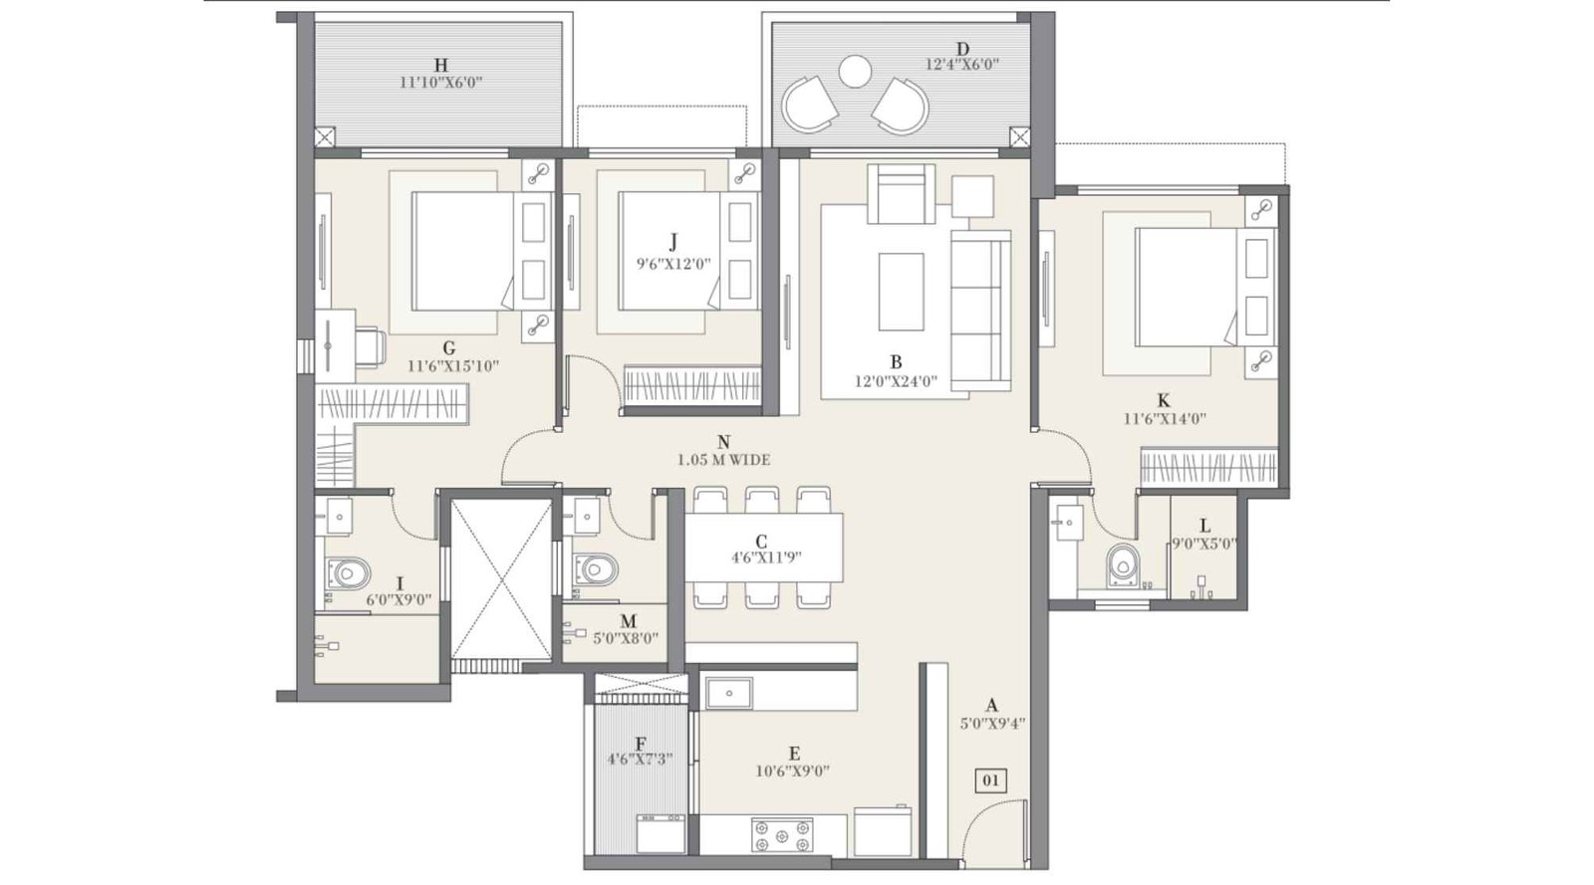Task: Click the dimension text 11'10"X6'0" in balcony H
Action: click(440, 83)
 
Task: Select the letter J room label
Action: click(673, 241)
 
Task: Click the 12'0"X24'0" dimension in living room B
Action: click(896, 380)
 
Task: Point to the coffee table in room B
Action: click(901, 291)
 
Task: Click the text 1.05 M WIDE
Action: click(723, 460)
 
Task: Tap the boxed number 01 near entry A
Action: click(990, 780)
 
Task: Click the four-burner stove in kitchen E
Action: click(781, 834)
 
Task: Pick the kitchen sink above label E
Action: click(729, 692)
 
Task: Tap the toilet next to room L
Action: click(1122, 564)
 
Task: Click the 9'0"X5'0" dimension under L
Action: click(1203, 545)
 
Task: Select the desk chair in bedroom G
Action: click(370, 345)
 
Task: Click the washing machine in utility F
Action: click(661, 833)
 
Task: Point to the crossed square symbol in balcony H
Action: click(325, 137)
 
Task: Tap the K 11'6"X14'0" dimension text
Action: click(1164, 419)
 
